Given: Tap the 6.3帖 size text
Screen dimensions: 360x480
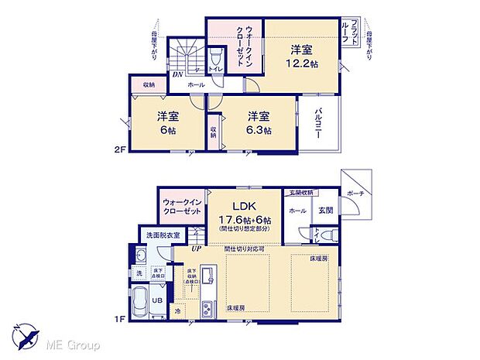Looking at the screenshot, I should [x=260, y=131].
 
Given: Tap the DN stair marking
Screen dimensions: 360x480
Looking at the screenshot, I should [x=177, y=75].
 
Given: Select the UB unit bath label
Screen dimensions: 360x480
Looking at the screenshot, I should [x=157, y=300].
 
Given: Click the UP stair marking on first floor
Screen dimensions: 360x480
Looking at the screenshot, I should [x=197, y=249].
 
